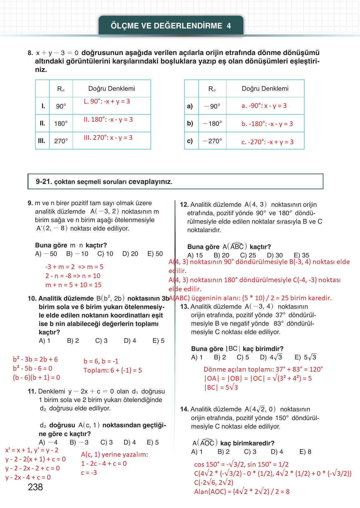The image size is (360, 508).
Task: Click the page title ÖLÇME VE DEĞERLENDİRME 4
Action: pyautogui.click(x=171, y=26)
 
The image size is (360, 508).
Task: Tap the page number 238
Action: pyautogui.click(x=35, y=487)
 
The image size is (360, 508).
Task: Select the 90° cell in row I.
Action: pyautogui.click(x=61, y=106)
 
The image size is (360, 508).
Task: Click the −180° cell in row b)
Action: pyautogui.click(x=212, y=124)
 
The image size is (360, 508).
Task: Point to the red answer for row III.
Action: pyautogui.click(x=108, y=138)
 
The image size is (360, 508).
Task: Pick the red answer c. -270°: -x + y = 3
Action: pyautogui.click(x=267, y=142)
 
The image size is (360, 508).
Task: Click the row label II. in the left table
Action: pyautogui.click(x=42, y=123)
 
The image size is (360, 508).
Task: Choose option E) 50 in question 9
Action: pyautogui.click(x=155, y=254)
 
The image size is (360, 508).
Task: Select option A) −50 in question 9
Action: pyautogui.click(x=46, y=254)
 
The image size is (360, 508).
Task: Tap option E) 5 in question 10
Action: pyautogui.click(x=158, y=341)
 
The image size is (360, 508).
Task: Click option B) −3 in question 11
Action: pyautogui.click(x=79, y=442)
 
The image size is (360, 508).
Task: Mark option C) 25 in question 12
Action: pyautogui.click(x=248, y=255)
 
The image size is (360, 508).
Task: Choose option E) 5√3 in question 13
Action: pyautogui.click(x=305, y=357)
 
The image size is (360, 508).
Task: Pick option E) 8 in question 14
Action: pyautogui.click(x=305, y=452)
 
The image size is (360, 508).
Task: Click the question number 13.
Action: pyautogui.click(x=185, y=307)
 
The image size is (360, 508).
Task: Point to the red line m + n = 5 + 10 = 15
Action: pyautogui.click(x=74, y=285)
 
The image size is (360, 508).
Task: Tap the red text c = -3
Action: pyautogui.click(x=89, y=473)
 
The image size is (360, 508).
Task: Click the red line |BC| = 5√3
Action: pyautogui.click(x=221, y=387)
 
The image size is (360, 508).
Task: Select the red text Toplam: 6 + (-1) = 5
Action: pyautogui.click(x=113, y=370)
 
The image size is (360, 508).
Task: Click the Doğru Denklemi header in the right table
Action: pyautogui.click(x=265, y=89)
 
